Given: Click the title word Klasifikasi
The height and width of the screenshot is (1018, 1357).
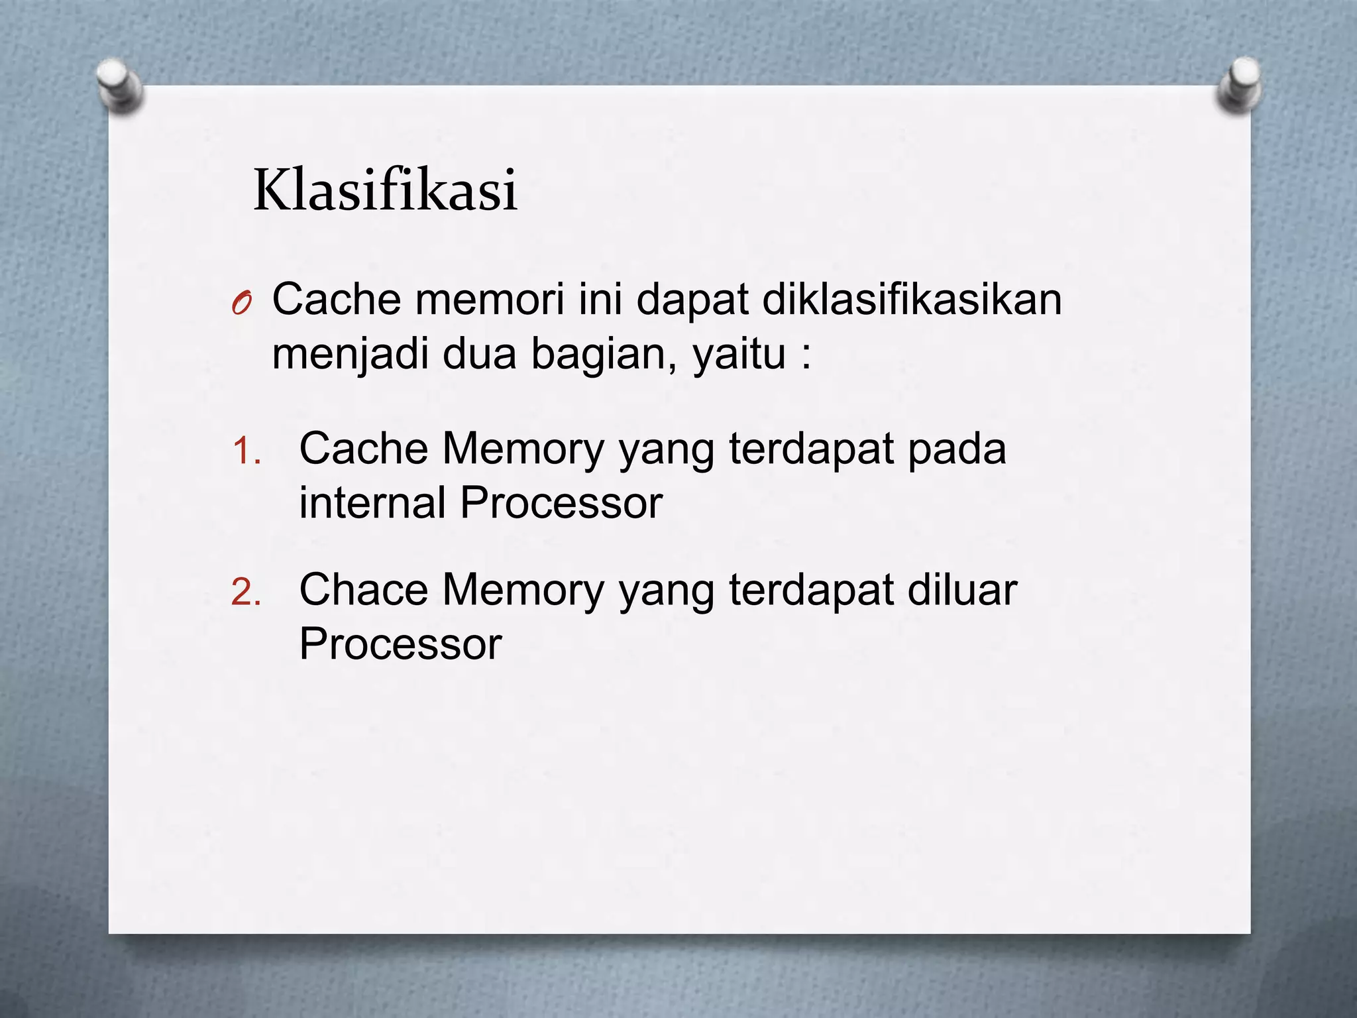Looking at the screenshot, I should pyautogui.click(x=385, y=191).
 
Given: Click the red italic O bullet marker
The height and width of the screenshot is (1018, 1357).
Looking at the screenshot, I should pyautogui.click(x=242, y=304).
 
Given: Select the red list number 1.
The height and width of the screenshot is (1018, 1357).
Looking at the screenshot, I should pyautogui.click(x=246, y=453).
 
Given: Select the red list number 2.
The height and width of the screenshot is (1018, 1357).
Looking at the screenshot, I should pyautogui.click(x=246, y=593).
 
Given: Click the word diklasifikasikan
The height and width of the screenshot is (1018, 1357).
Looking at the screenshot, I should pyautogui.click(x=912, y=299).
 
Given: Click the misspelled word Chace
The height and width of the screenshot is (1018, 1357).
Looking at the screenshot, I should pyautogui.click(x=364, y=589).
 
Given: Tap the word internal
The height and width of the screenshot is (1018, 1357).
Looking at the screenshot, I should pyautogui.click(x=372, y=502).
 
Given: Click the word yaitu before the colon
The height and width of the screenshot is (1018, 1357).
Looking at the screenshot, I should pyautogui.click(x=739, y=355).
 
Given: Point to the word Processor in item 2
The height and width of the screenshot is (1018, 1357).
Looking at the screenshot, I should pyautogui.click(x=400, y=644).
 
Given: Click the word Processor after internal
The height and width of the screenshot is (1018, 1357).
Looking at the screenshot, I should pyautogui.click(x=561, y=502).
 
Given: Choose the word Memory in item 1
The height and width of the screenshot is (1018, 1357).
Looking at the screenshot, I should pyautogui.click(x=523, y=449).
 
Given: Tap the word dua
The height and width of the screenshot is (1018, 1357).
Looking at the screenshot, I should pyautogui.click(x=479, y=354).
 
